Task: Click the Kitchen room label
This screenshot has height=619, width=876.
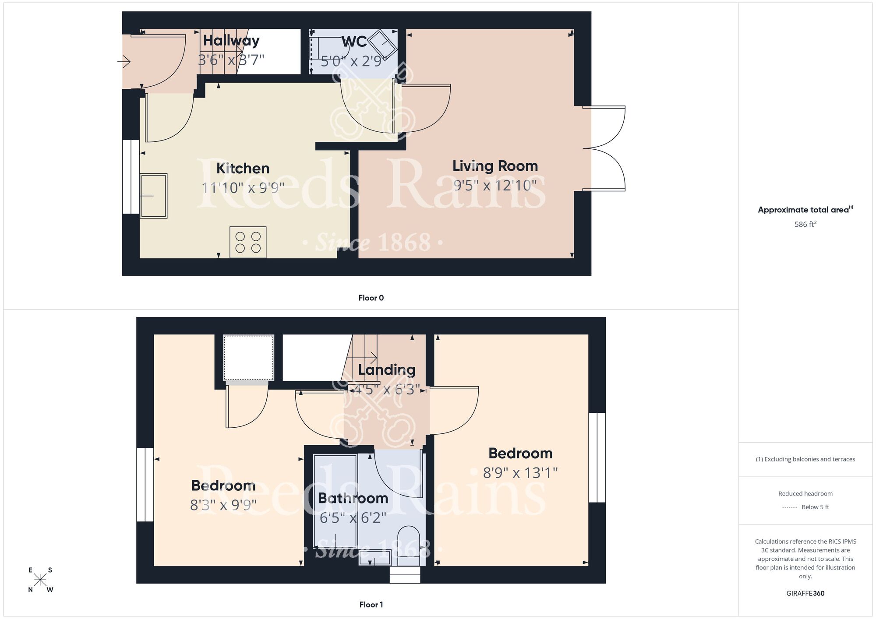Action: (243, 169)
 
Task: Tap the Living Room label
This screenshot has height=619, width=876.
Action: (495, 166)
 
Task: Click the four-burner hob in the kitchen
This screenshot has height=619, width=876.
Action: (248, 242)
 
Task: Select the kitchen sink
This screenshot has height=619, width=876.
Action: (153, 196)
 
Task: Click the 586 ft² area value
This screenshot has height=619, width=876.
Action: (805, 224)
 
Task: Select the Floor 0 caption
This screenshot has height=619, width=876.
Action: (371, 298)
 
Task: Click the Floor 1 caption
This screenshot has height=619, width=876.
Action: (371, 605)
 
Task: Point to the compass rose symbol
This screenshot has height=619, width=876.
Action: (40, 580)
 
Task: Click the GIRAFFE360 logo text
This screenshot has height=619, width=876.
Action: (805, 594)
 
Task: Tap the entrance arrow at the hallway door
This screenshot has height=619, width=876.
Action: (124, 62)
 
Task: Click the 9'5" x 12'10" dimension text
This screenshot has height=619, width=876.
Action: (495, 186)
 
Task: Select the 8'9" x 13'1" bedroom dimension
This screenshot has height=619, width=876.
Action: (520, 473)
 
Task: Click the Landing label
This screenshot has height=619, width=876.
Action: (387, 370)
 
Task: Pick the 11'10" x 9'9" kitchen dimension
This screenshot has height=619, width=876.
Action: (243, 188)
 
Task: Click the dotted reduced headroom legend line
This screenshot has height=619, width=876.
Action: (789, 507)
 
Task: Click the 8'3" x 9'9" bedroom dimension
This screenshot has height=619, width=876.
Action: (223, 505)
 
